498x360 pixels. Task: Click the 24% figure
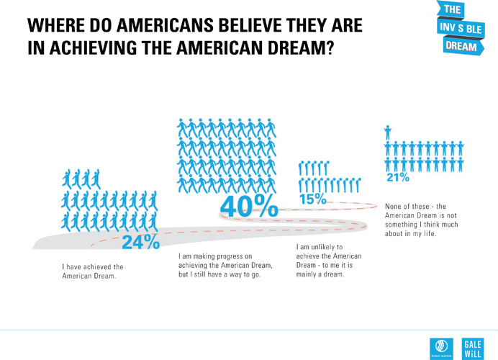(140, 242)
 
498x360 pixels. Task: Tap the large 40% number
(249, 207)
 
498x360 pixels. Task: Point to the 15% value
(312, 199)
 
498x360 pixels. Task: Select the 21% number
(398, 177)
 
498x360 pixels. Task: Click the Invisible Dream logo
(461, 28)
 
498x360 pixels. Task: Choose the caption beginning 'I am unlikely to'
(329, 261)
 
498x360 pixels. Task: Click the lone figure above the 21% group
(388, 131)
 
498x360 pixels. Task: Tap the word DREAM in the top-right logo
(461, 45)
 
